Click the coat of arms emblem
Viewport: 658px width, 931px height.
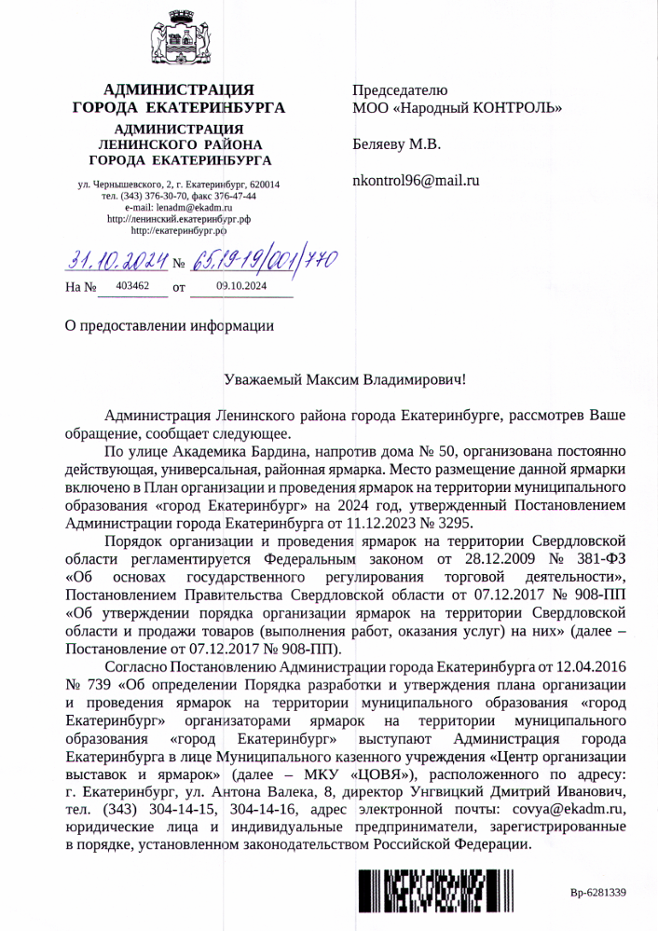click(179, 41)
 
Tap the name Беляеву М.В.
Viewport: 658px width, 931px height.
click(396, 144)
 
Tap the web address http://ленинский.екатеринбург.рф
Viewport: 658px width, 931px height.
click(179, 218)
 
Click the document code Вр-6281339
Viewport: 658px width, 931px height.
click(597, 894)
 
